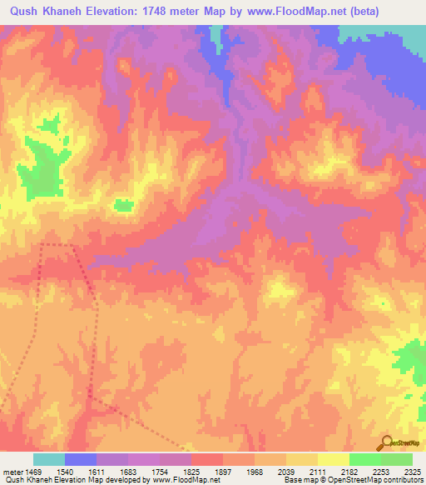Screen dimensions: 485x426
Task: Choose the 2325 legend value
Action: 412,472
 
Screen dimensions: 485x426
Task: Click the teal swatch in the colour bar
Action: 49,459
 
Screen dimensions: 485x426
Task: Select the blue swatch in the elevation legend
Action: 81,459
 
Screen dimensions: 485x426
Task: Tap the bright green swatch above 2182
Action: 365,459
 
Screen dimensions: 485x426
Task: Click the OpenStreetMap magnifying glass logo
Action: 385,443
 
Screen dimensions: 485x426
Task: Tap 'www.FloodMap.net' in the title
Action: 294,11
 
